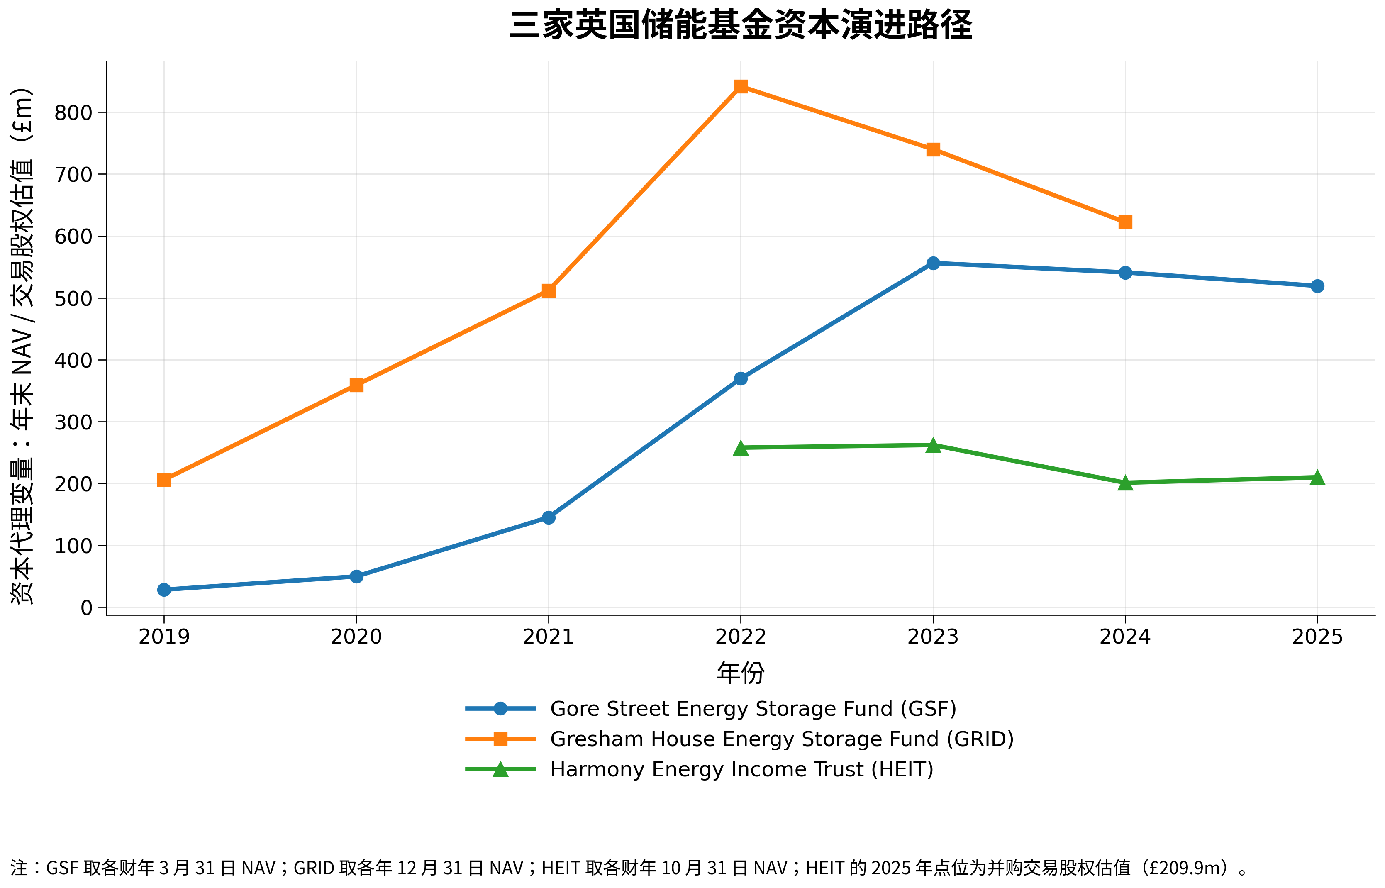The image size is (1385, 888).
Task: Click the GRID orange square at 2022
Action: click(741, 86)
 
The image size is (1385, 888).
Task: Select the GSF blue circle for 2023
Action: click(933, 263)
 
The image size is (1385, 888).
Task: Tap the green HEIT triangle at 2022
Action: click(741, 448)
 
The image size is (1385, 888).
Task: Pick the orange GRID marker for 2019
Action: click(164, 480)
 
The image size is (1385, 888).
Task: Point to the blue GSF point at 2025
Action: click(1317, 286)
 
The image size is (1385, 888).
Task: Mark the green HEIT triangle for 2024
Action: click(1125, 483)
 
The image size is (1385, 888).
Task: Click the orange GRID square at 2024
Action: click(1125, 222)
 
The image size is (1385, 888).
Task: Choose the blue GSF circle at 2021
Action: click(549, 518)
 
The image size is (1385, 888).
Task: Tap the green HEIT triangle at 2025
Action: click(1317, 478)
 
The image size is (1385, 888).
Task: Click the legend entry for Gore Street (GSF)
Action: click(753, 709)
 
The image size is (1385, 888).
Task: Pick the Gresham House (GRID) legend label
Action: click(782, 739)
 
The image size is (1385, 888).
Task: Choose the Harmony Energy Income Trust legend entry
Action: click(741, 770)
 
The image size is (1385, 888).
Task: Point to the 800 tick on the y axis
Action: click(73, 113)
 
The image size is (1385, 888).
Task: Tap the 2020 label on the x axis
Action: click(356, 637)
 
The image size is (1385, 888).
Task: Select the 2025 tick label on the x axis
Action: click(1317, 637)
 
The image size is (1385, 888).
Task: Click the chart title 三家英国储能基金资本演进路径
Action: click(741, 26)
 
